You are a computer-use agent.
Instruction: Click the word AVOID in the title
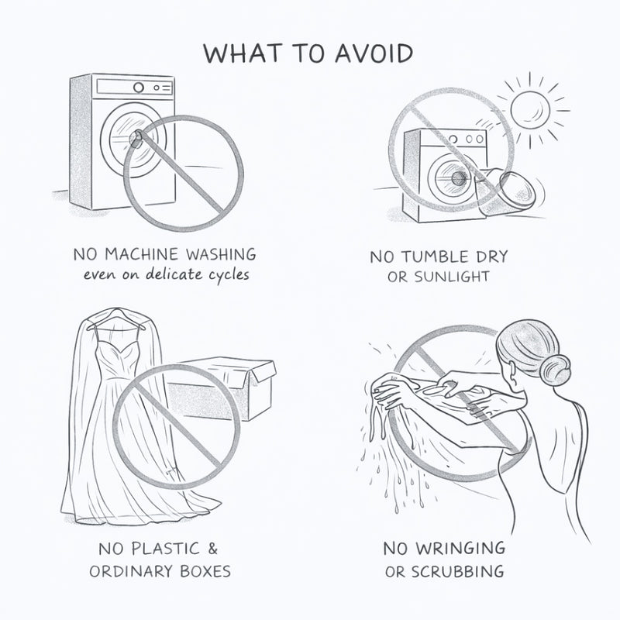374,53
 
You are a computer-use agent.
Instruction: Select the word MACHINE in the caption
141,254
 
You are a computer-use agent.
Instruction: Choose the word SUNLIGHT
452,277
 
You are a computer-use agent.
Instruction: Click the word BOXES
205,571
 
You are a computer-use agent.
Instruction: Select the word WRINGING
461,549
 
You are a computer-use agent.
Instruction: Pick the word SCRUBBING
458,572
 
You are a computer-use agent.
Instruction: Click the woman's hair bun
555,369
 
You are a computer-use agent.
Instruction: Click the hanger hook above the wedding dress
115,312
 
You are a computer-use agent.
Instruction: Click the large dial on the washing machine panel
139,88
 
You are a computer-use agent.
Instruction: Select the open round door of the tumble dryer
518,191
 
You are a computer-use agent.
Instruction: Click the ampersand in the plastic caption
212,549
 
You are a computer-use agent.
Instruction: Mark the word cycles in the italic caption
229,275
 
